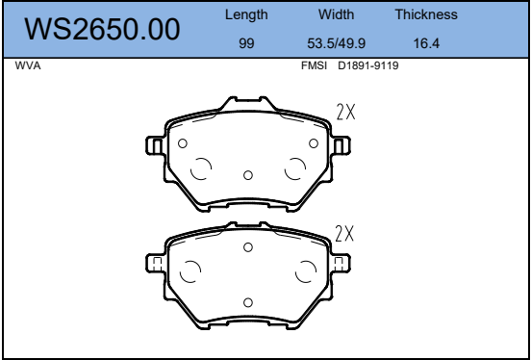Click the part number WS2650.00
[102, 30]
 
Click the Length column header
[246, 14]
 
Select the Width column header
[336, 14]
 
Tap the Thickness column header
[426, 14]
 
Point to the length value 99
[246, 43]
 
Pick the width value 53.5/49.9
[336, 43]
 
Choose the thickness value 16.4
[426, 43]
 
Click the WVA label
[28, 65]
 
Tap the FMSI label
[314, 65]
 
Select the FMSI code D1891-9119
[368, 65]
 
